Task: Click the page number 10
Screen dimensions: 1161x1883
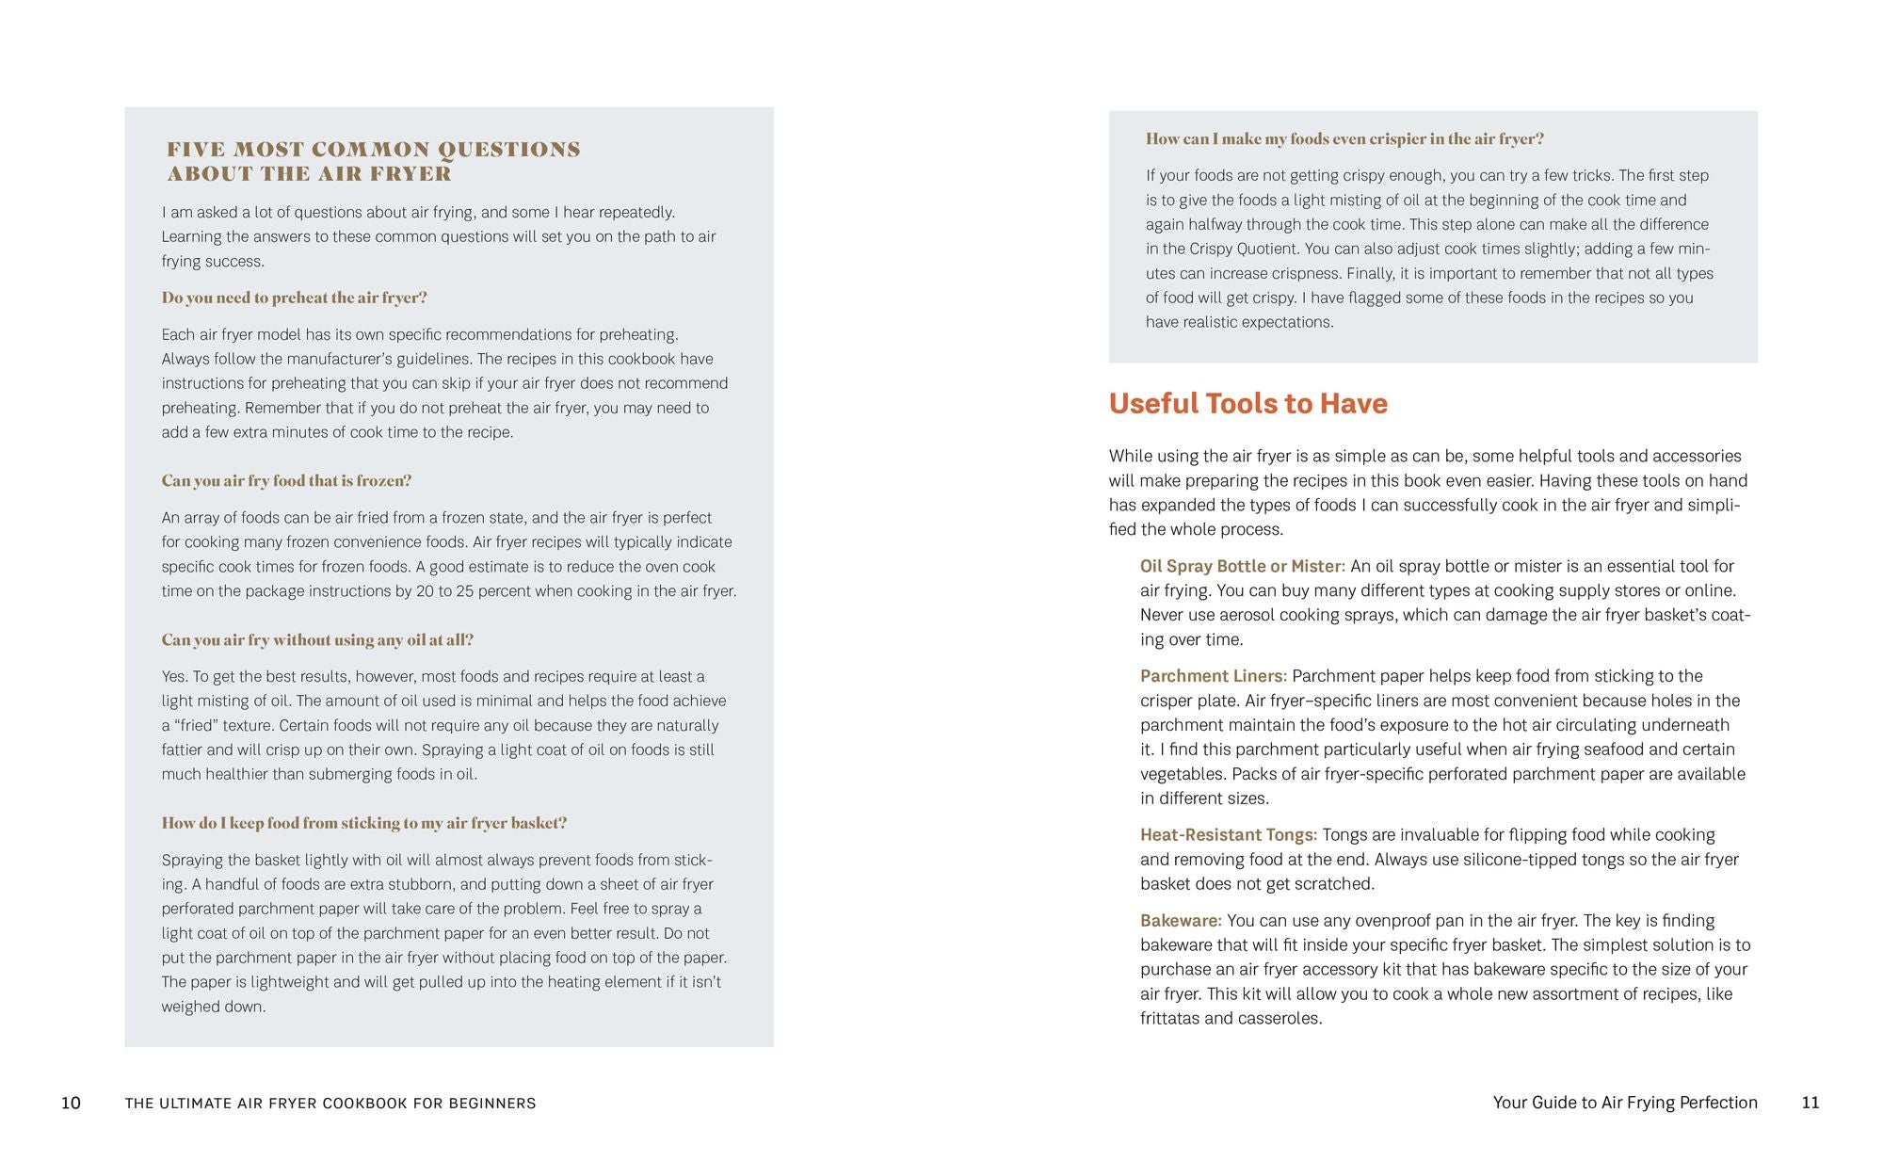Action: click(x=71, y=1103)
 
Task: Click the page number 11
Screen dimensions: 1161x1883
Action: click(x=1810, y=1103)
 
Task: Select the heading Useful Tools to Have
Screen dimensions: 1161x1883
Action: click(x=1247, y=403)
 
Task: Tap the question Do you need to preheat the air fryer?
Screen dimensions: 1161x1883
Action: click(x=294, y=298)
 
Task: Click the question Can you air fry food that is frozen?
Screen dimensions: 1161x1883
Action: click(x=286, y=480)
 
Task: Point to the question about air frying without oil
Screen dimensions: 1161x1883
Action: click(x=317, y=640)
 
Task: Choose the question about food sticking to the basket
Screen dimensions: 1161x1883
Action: click(x=363, y=823)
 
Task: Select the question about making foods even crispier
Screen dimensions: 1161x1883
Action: click(x=1344, y=139)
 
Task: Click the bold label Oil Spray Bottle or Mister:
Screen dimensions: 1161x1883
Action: click(x=1242, y=566)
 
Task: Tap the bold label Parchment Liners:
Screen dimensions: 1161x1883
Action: click(x=1213, y=676)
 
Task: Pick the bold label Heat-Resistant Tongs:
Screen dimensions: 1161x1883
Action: click(x=1228, y=835)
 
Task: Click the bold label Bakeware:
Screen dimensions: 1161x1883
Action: click(x=1181, y=921)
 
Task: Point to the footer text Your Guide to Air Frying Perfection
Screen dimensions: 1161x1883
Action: click(x=1624, y=1103)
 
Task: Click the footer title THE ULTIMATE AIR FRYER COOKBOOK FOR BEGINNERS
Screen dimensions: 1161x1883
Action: click(x=330, y=1104)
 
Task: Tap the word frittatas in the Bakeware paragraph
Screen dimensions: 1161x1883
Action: click(x=1169, y=1019)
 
